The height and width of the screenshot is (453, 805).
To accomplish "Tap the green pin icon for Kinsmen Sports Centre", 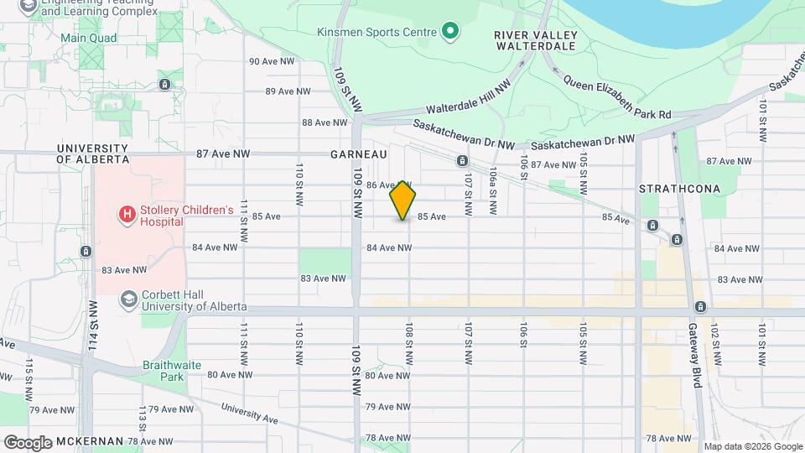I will (450, 33).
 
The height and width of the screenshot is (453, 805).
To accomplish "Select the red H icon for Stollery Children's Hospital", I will (127, 215).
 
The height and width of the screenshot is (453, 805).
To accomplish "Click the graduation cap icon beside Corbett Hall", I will (128, 299).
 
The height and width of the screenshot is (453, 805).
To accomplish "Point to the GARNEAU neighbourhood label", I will (359, 155).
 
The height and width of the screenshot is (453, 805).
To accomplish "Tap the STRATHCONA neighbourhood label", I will (679, 189).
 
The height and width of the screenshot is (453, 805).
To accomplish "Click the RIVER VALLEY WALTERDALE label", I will (535, 40).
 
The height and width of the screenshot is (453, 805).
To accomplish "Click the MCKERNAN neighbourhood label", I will (90, 441).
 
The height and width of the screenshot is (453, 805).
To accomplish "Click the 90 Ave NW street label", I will (272, 61).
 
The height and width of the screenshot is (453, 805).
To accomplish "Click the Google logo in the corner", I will (28, 442).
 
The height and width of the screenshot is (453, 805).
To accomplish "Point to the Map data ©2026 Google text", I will (752, 445).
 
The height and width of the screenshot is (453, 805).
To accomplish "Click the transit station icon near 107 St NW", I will (462, 160).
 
